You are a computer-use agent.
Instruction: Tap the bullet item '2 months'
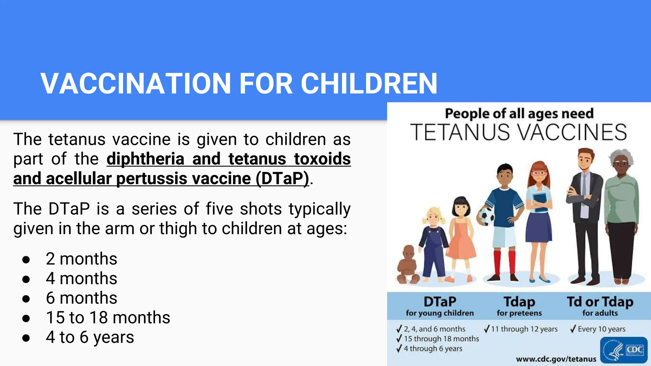[x=81, y=259]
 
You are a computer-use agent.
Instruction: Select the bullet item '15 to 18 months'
[x=108, y=317]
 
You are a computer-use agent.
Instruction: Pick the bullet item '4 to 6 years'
[x=90, y=337]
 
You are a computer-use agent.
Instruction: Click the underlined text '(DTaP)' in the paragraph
[x=282, y=178]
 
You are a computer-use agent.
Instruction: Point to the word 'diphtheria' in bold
[x=146, y=159]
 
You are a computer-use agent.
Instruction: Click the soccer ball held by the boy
[x=485, y=216]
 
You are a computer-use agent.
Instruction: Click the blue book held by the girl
[x=541, y=202]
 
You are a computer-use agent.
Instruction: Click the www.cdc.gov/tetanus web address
[x=556, y=359]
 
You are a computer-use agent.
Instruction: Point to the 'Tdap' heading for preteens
[x=519, y=302]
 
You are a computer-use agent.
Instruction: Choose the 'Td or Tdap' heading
[x=600, y=302]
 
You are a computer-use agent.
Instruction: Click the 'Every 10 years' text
[x=601, y=329]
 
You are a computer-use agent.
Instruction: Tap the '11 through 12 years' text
[x=524, y=329]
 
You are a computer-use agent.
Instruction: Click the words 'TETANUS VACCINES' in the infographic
[x=518, y=132]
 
